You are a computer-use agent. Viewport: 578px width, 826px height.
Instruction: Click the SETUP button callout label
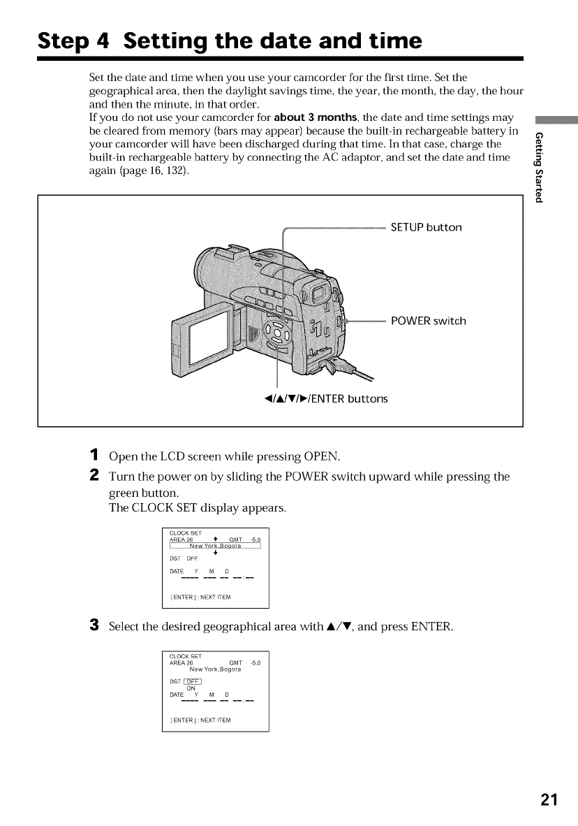point(426,227)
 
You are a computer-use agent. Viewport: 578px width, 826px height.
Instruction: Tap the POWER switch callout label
point(428,321)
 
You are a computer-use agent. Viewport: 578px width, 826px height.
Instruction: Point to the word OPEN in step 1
point(321,457)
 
